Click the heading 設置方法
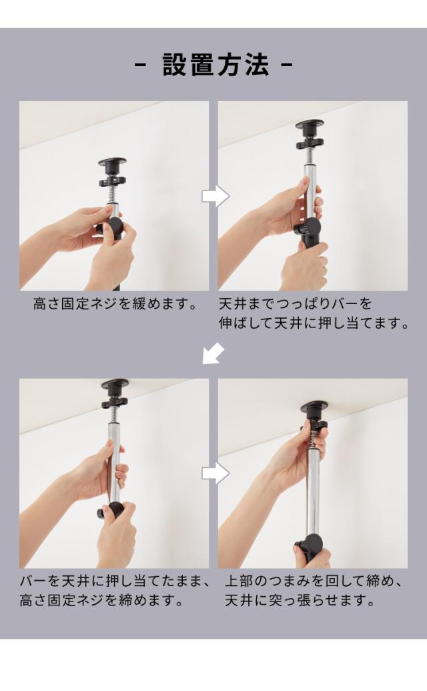tap(216, 65)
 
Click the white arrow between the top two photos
tap(216, 196)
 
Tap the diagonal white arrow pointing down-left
tap(213, 354)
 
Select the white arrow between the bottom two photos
tap(216, 474)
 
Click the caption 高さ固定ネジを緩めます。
tap(115, 304)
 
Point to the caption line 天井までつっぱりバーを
tap(296, 304)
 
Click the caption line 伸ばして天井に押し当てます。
tap(314, 323)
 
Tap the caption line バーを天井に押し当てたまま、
tap(115, 581)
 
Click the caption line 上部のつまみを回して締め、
tap(313, 581)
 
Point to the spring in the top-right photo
tap(310, 156)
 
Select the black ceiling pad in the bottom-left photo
tap(115, 385)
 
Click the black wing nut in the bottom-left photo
tap(114, 402)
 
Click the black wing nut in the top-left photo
tap(113, 180)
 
